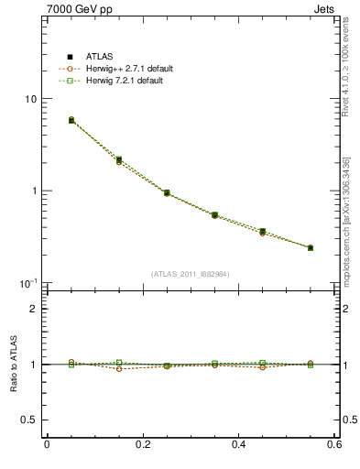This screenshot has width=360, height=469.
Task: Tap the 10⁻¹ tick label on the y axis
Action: click(30, 282)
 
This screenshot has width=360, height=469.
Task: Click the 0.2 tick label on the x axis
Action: click(142, 445)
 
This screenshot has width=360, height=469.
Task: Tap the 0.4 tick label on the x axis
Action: click(238, 445)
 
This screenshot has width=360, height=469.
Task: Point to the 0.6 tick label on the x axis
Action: click(333, 445)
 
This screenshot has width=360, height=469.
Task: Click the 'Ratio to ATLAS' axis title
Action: click(12, 364)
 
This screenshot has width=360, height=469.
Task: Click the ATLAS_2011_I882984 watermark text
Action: click(191, 274)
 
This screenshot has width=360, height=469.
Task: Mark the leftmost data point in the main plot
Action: click(71, 120)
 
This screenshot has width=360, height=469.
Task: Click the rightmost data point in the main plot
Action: click(310, 247)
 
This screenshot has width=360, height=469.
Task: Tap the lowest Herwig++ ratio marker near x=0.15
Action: click(119, 368)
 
